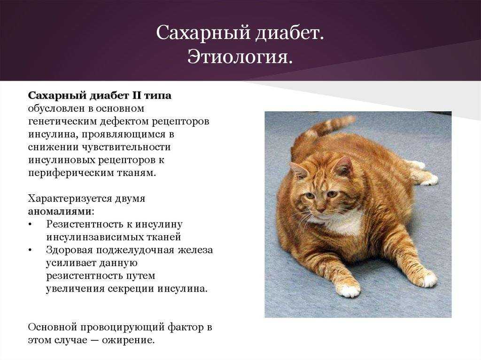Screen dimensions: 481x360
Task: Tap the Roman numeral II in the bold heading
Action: point(136,96)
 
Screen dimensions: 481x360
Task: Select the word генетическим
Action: point(62,122)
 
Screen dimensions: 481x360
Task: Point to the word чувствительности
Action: point(126,147)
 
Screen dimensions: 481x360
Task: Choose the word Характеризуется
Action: point(70,199)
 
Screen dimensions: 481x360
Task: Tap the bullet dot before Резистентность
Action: point(30,225)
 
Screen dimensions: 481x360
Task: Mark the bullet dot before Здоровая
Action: point(30,250)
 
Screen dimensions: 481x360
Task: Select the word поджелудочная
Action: point(135,250)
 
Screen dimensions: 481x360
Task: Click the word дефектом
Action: point(124,122)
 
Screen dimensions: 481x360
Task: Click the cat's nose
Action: point(320,209)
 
